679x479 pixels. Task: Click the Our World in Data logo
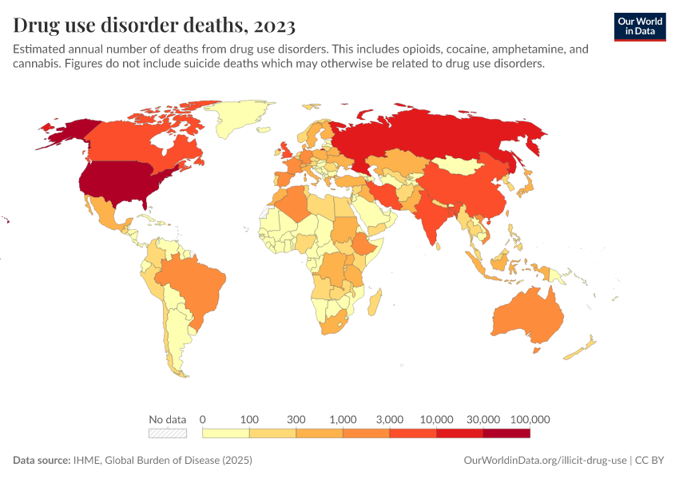tap(639, 26)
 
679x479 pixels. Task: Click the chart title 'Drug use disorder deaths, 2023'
tap(154, 26)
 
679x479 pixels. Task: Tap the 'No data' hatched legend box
tap(167, 433)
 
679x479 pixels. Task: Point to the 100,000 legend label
tap(530, 419)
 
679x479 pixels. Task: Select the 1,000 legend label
tap(343, 419)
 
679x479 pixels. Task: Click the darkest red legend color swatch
tap(506, 433)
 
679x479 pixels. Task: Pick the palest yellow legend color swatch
tap(226, 433)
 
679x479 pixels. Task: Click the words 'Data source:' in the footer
tap(42, 461)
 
